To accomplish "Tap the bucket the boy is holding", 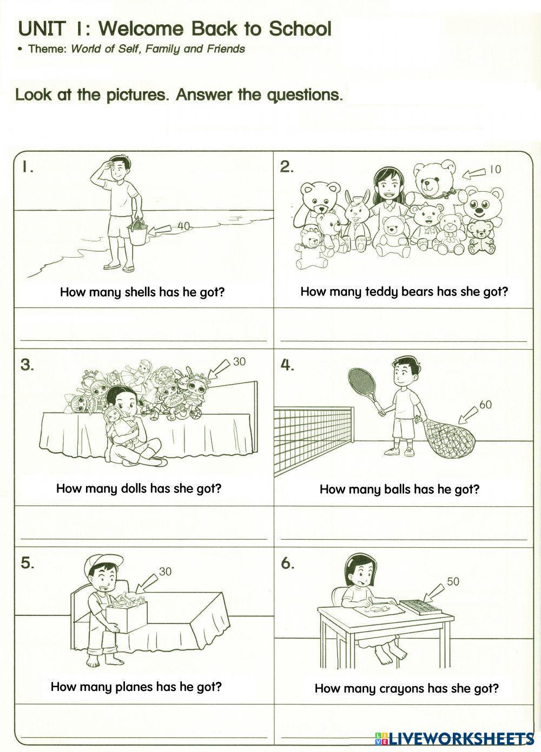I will (x=138, y=233).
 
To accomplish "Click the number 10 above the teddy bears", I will (x=495, y=169).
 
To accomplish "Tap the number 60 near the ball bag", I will (x=485, y=404).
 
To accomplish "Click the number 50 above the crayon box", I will (x=453, y=581).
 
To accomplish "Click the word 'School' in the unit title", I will (x=300, y=28).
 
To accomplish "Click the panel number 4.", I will (x=287, y=365).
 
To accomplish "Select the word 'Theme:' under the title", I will (x=47, y=49).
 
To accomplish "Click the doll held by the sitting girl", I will (x=120, y=424).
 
